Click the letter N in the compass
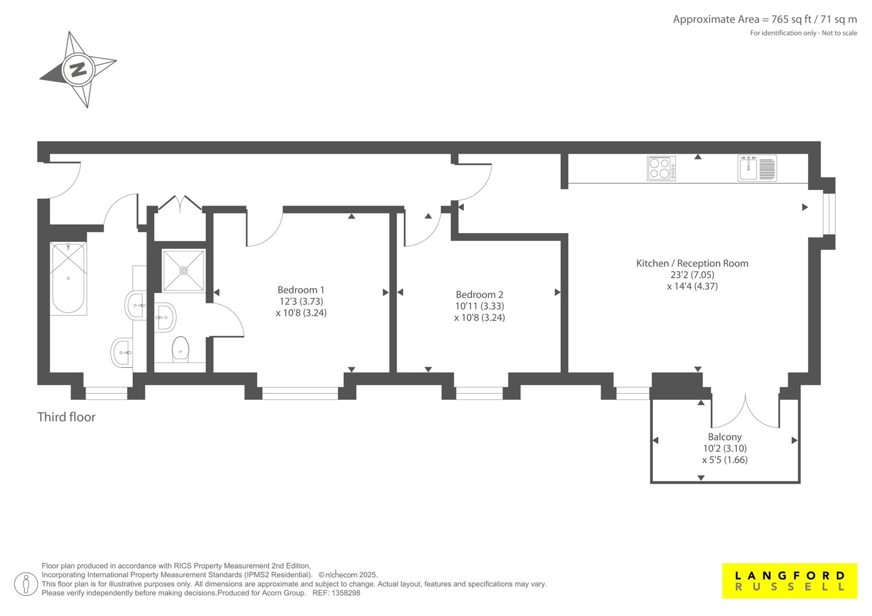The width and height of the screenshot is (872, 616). pyautogui.click(x=78, y=70)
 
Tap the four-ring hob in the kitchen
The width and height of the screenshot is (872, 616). pyautogui.click(x=661, y=168)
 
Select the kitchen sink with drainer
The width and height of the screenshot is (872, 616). pyautogui.click(x=757, y=168)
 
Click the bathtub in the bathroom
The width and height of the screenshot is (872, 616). pyautogui.click(x=69, y=278)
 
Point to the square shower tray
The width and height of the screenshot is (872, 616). pyautogui.click(x=183, y=271)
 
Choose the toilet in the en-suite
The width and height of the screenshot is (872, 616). pyautogui.click(x=180, y=349)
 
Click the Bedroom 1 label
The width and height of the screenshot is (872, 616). pyautogui.click(x=301, y=290)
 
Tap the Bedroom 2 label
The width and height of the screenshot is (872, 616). pyautogui.click(x=480, y=295)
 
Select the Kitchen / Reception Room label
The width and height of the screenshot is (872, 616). pyautogui.click(x=692, y=264)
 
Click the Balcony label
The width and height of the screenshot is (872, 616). pyautogui.click(x=725, y=437)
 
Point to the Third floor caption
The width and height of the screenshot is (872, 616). pyautogui.click(x=66, y=417)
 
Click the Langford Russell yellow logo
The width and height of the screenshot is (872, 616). pyautogui.click(x=790, y=581)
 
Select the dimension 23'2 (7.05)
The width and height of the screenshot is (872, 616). pyautogui.click(x=692, y=275)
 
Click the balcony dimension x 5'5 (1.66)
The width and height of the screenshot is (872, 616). pyautogui.click(x=725, y=460)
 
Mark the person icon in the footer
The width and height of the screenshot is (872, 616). pyautogui.click(x=26, y=584)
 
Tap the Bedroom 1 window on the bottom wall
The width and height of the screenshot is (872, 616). pyautogui.click(x=300, y=393)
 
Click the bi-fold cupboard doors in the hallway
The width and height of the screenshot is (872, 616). pyautogui.click(x=180, y=204)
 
